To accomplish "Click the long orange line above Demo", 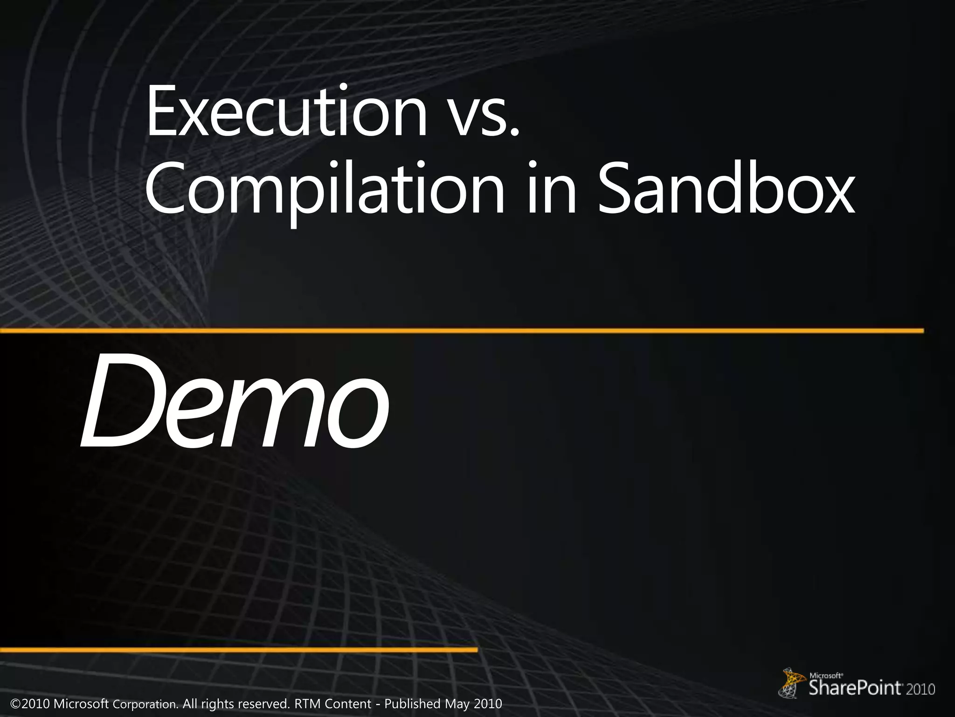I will [462, 330].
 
